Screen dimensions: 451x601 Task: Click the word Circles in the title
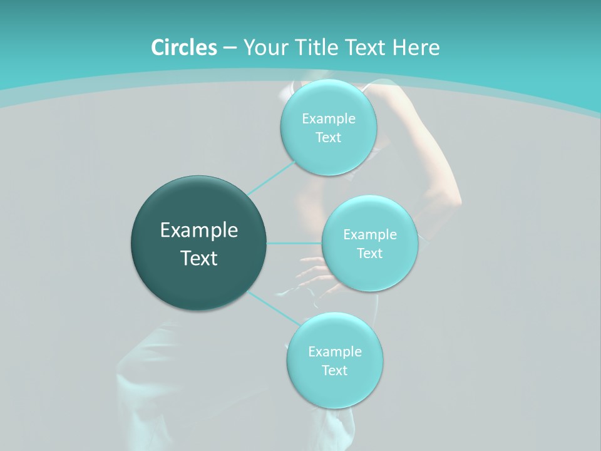click(183, 48)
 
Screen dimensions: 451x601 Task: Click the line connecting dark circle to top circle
click(270, 177)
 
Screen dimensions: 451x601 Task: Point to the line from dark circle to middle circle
click(294, 243)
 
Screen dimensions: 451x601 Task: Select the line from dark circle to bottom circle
click(272, 308)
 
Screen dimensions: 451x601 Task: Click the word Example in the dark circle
click(199, 231)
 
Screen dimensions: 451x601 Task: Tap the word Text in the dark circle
click(199, 258)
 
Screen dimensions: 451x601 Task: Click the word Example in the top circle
click(328, 119)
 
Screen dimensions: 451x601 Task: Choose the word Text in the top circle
click(328, 138)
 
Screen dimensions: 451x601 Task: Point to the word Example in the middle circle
click(369, 235)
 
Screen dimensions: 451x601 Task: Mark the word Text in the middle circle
click(369, 254)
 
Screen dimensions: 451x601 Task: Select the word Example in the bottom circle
click(334, 352)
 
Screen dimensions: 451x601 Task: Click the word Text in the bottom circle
click(334, 371)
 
